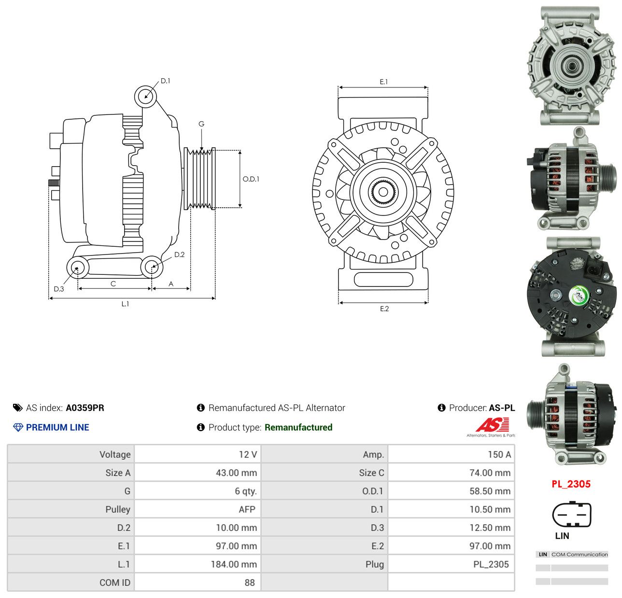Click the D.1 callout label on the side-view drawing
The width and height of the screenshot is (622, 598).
coord(165,81)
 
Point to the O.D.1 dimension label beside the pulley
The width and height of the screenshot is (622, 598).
coord(251,179)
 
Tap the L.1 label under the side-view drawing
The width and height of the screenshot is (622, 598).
coord(125,304)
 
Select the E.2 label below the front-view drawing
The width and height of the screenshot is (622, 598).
coord(384,309)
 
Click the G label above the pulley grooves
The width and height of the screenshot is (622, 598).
coord(201,124)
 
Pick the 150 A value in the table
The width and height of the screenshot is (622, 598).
coord(499,455)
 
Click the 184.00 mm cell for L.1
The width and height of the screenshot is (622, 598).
coord(234,564)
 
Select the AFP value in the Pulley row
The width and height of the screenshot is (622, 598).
coord(247,510)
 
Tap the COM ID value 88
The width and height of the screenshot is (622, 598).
coord(250,583)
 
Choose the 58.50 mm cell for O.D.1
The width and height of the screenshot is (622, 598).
coord(490,491)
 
